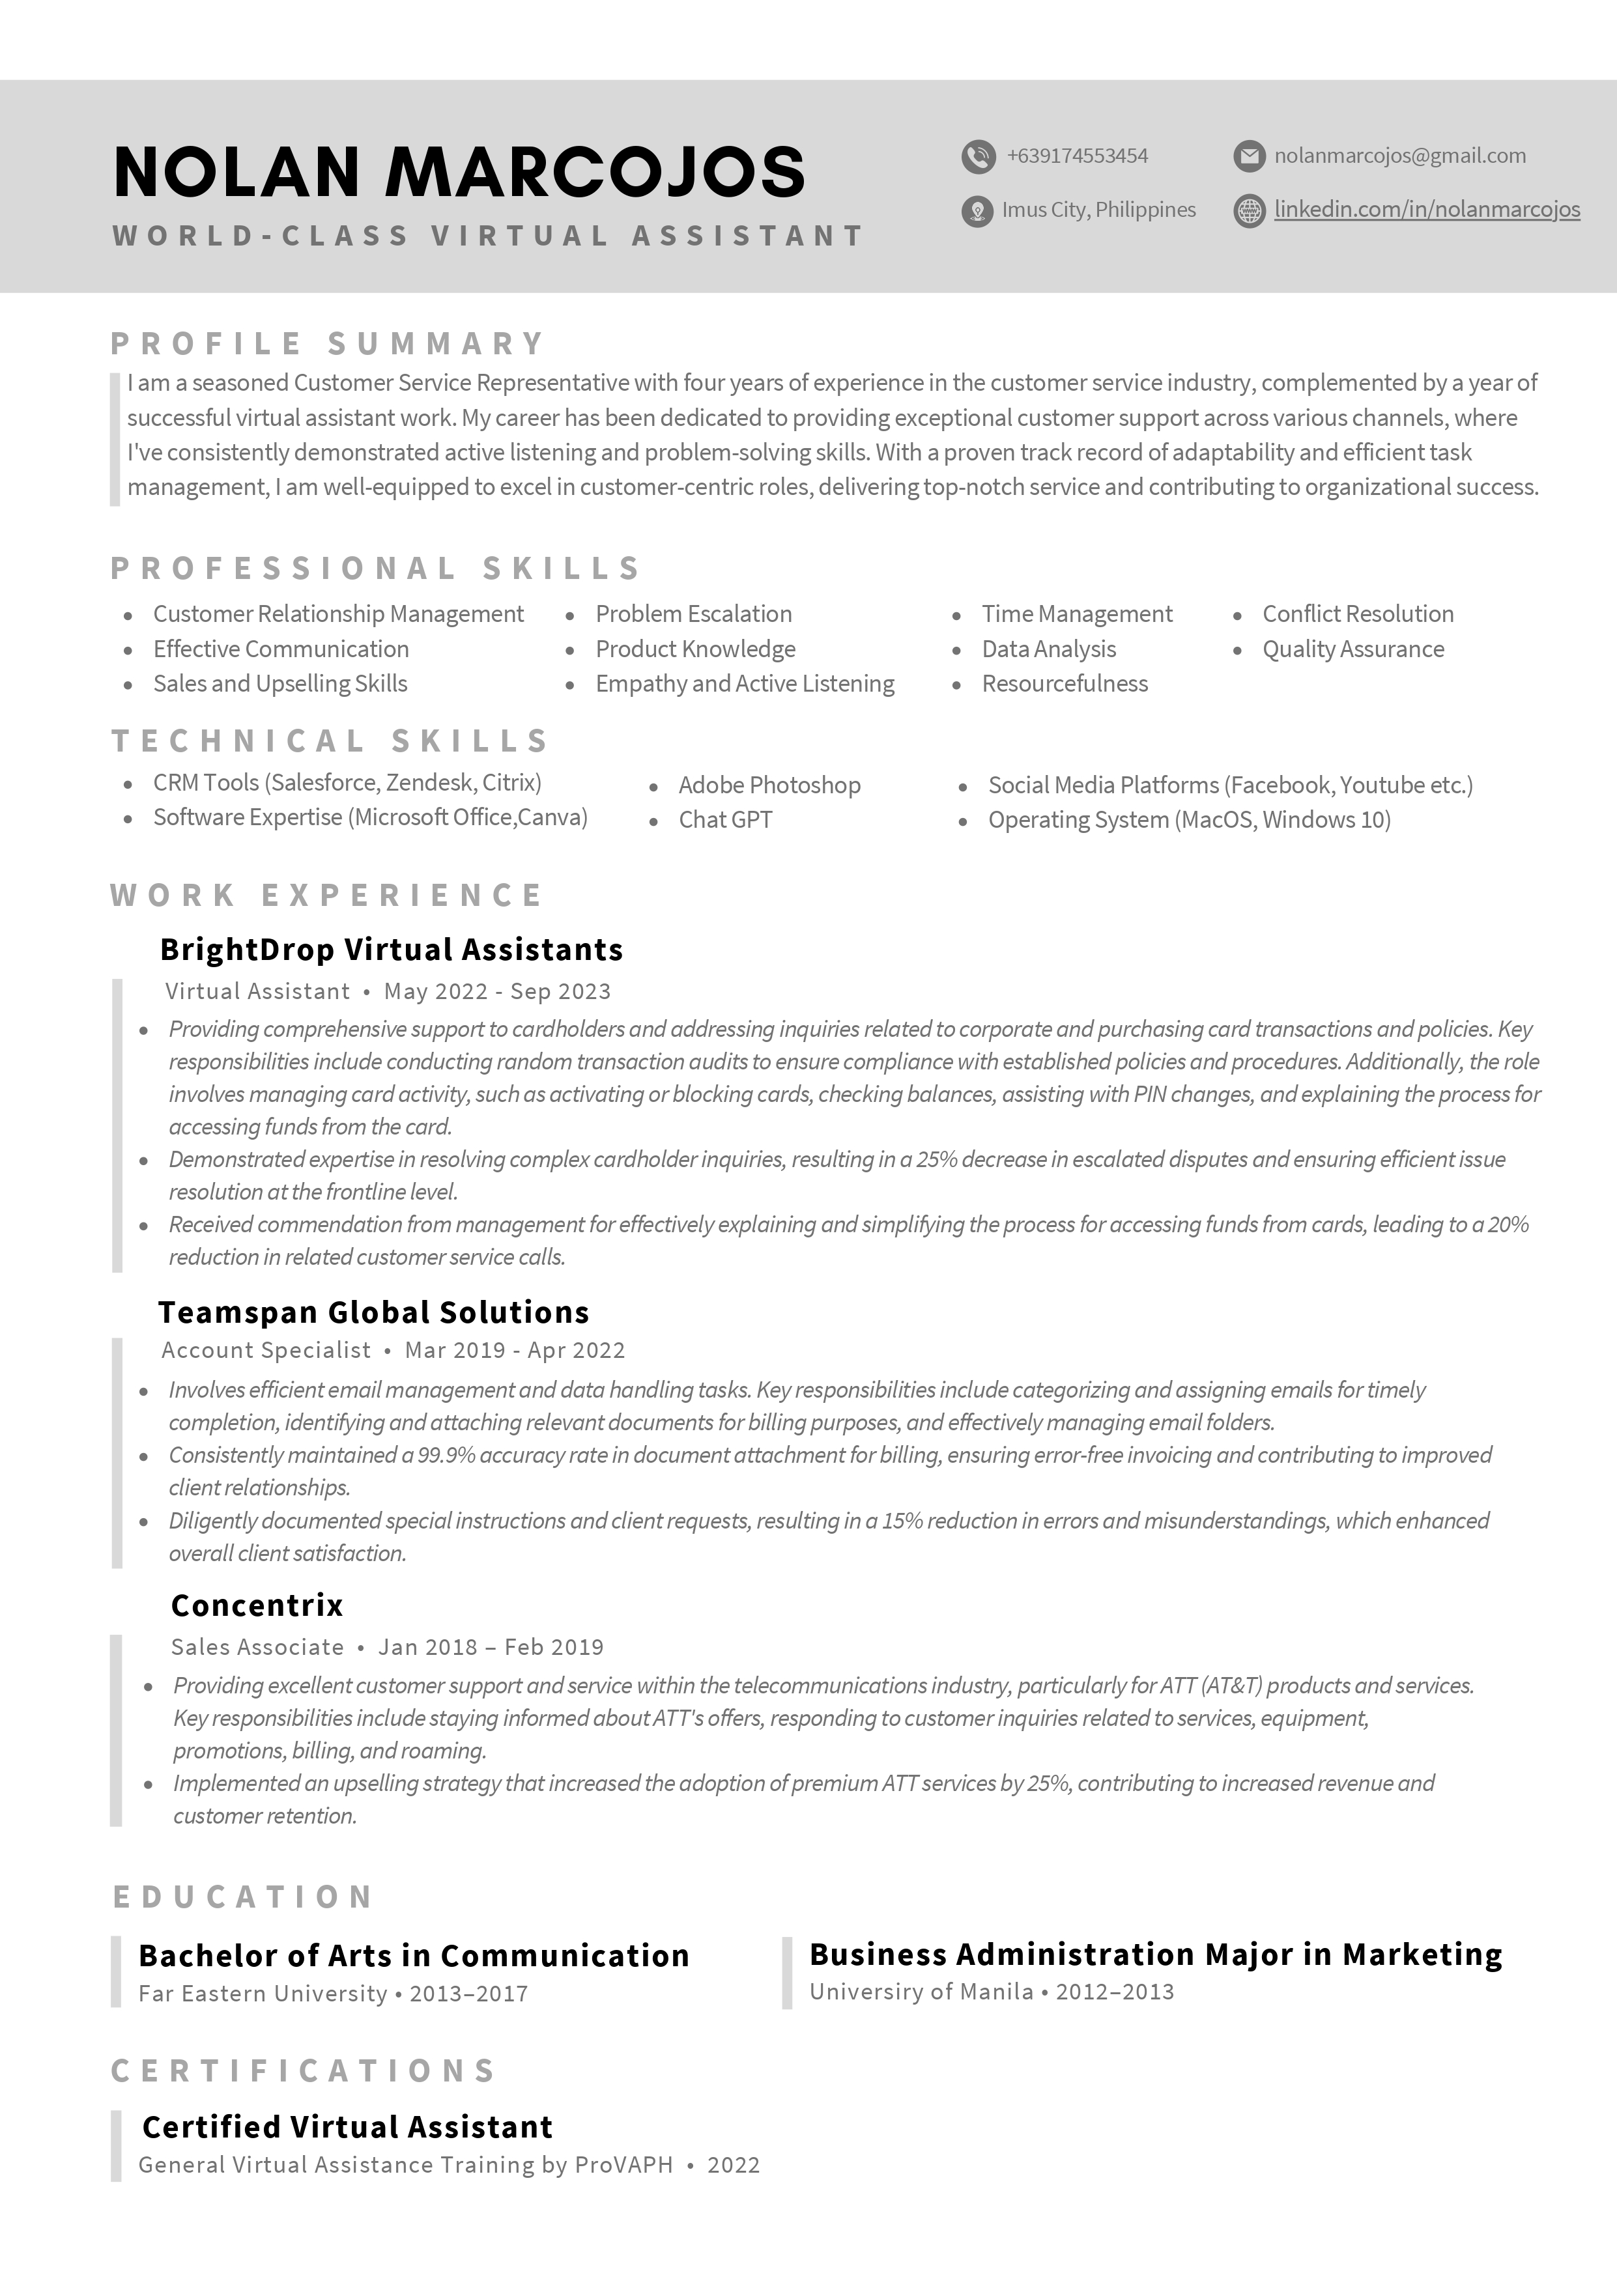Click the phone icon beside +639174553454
(978, 156)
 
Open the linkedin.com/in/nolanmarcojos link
(1426, 210)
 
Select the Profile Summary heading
(328, 343)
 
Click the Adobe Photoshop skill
(769, 785)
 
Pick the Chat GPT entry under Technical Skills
(725, 821)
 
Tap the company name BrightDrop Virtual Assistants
(392, 950)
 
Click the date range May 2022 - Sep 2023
(497, 992)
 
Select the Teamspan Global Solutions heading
(373, 1312)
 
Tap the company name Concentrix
(257, 1605)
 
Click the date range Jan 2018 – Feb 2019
(491, 1647)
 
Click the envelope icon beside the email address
(1249, 156)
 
